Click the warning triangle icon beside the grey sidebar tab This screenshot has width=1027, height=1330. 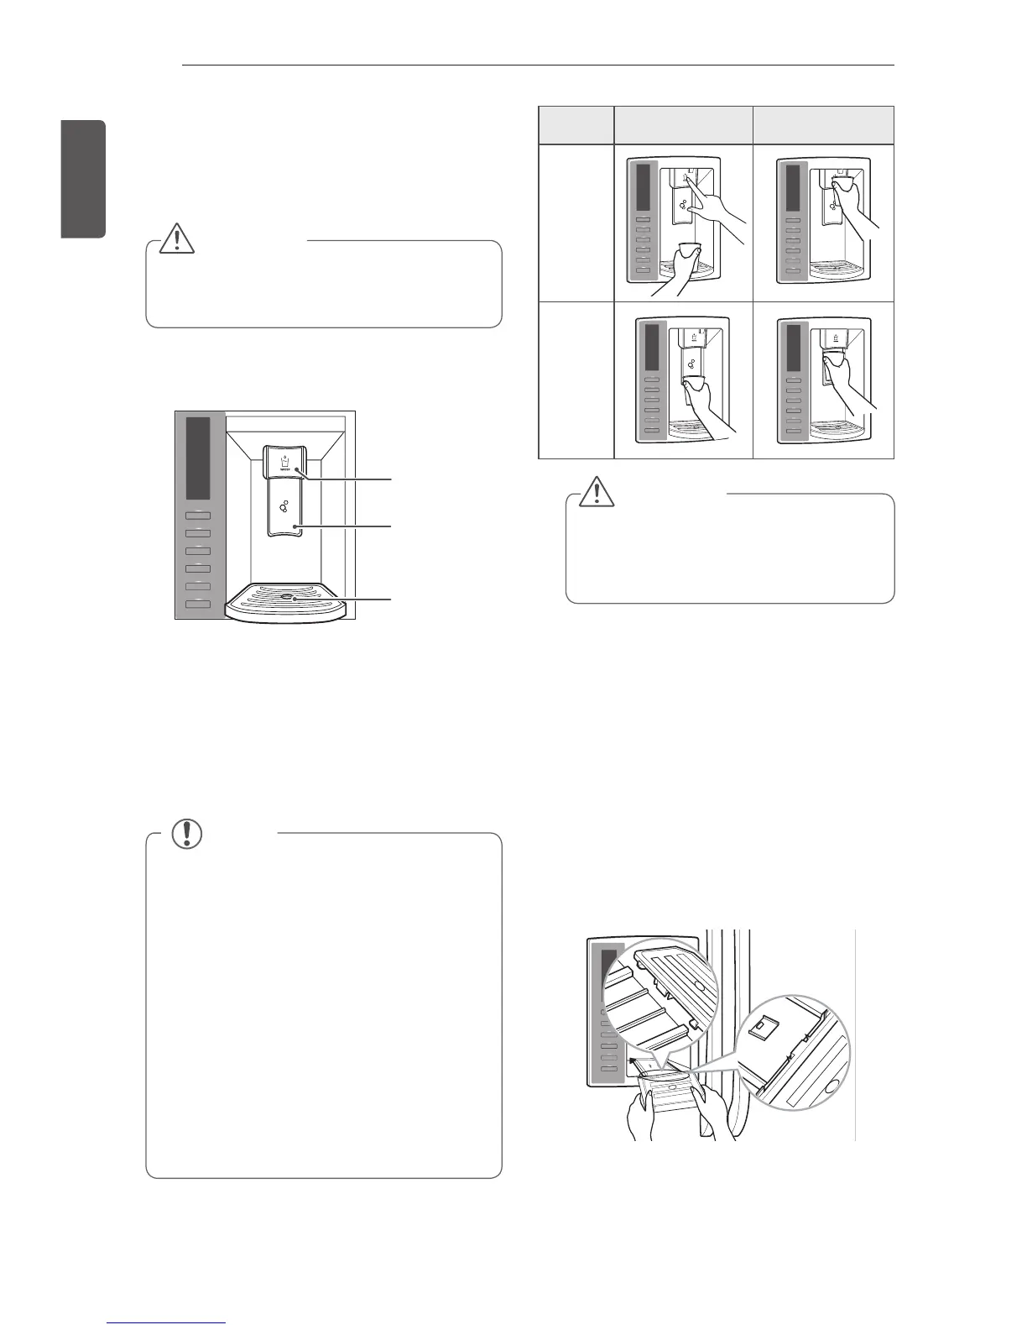(x=178, y=238)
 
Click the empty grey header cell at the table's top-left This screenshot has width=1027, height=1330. (x=576, y=125)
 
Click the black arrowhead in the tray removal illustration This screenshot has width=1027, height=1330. (x=631, y=1060)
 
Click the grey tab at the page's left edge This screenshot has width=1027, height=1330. (x=85, y=180)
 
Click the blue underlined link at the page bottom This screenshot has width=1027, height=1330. (x=168, y=1324)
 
